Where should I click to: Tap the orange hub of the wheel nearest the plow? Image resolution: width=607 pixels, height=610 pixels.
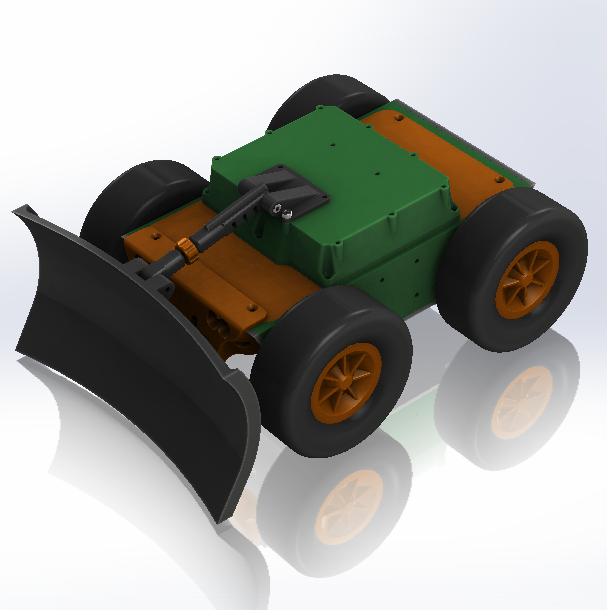click(x=346, y=383)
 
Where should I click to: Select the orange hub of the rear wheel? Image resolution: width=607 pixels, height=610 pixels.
click(x=527, y=280)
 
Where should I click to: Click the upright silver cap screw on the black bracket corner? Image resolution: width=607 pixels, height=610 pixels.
click(x=287, y=214)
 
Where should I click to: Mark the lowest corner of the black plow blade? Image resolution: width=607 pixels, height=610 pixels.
click(x=218, y=523)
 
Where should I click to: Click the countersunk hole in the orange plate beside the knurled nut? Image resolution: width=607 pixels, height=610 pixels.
click(x=155, y=236)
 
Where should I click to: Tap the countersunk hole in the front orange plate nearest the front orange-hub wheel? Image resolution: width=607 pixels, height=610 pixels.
click(x=252, y=308)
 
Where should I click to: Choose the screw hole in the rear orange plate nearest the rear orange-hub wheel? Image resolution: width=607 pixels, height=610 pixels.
click(x=499, y=180)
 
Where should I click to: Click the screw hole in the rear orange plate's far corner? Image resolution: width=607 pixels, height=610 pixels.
click(x=398, y=118)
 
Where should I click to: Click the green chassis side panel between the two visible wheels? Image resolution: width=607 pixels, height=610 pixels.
click(x=400, y=277)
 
